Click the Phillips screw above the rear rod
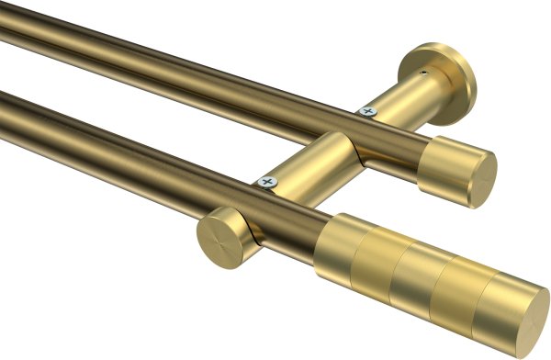(x=367, y=111)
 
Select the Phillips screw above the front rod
(x=267, y=182)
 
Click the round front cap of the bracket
(x=219, y=237)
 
